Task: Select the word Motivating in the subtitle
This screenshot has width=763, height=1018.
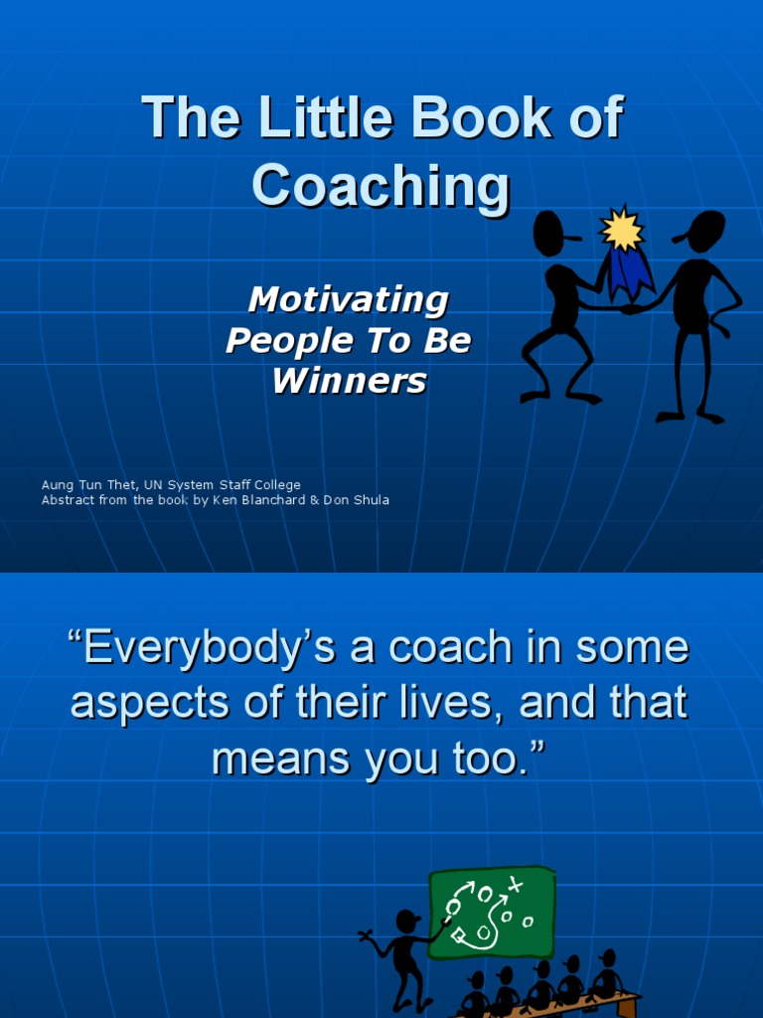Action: pos(348,299)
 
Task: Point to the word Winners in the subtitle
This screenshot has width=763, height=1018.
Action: pos(349,381)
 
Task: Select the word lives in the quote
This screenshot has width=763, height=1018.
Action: pos(449,703)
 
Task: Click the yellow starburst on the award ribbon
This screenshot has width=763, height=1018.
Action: pos(622,230)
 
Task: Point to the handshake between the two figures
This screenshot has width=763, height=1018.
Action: pos(627,308)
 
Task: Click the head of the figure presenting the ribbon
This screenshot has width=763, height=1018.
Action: pos(548,234)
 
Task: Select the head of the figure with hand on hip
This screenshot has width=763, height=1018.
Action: pos(706,232)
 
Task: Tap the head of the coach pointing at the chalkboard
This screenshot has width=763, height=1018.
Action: pos(406,922)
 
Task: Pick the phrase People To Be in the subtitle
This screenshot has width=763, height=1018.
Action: pos(348,340)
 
